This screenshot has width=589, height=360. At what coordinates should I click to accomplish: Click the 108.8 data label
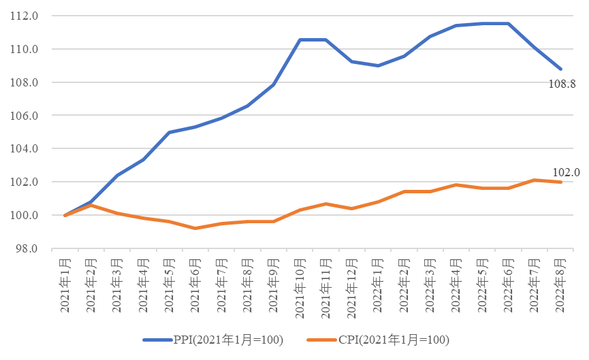pos(562,85)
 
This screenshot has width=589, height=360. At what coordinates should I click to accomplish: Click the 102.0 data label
pos(567,173)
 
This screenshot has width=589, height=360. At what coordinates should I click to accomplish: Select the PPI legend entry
pos(212,340)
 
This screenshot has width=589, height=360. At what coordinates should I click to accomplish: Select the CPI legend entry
pos(378,340)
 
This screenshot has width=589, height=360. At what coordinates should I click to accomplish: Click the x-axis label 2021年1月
pos(65,285)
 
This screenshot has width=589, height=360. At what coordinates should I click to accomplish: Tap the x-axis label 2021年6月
pos(196,285)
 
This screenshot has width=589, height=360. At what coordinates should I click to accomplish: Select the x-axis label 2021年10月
pos(300,288)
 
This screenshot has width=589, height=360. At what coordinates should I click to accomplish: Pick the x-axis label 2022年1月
pos(379,285)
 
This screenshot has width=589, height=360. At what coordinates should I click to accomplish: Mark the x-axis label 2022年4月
pos(457,285)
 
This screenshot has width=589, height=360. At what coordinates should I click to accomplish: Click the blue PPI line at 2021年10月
pos(300,39)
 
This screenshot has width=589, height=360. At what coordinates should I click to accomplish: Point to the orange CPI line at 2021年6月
pos(196,228)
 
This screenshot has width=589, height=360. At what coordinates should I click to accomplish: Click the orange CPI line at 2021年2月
pos(91,205)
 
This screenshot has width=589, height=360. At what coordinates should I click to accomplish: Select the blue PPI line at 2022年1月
pos(379,65)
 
